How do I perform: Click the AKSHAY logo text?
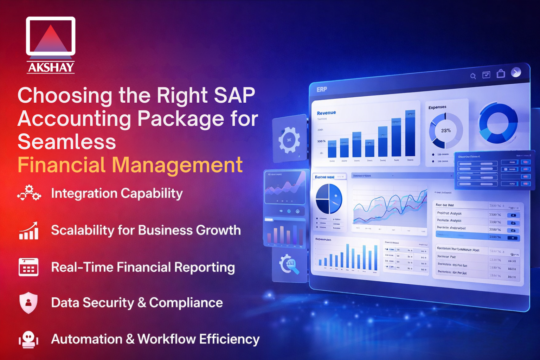point(51,67)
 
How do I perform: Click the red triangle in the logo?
point(51,39)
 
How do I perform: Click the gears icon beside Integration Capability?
point(29,193)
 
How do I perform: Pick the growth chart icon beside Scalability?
point(29,231)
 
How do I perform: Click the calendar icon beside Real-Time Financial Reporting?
point(28,267)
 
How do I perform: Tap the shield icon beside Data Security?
point(28,302)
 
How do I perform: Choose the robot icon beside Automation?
point(28,339)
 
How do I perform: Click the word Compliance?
point(186,303)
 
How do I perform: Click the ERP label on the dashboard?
point(321,90)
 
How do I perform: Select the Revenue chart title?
point(326,113)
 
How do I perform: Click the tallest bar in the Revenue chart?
point(410,134)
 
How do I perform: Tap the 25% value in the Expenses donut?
point(446,130)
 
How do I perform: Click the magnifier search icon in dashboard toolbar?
point(473,76)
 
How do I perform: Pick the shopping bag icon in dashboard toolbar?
point(501,74)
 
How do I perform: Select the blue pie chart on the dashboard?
point(329,199)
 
